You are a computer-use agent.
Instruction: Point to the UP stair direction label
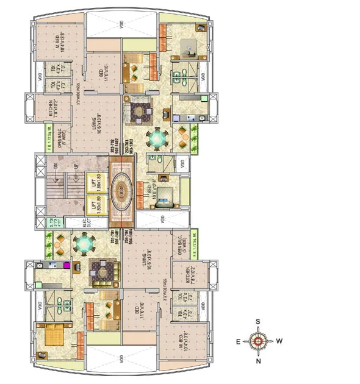pyautogui.click(x=76, y=166)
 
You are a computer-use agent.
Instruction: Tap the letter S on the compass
pyautogui.click(x=258, y=321)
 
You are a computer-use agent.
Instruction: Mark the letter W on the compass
pyautogui.click(x=279, y=341)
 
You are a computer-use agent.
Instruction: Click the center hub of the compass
pyautogui.click(x=259, y=341)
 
